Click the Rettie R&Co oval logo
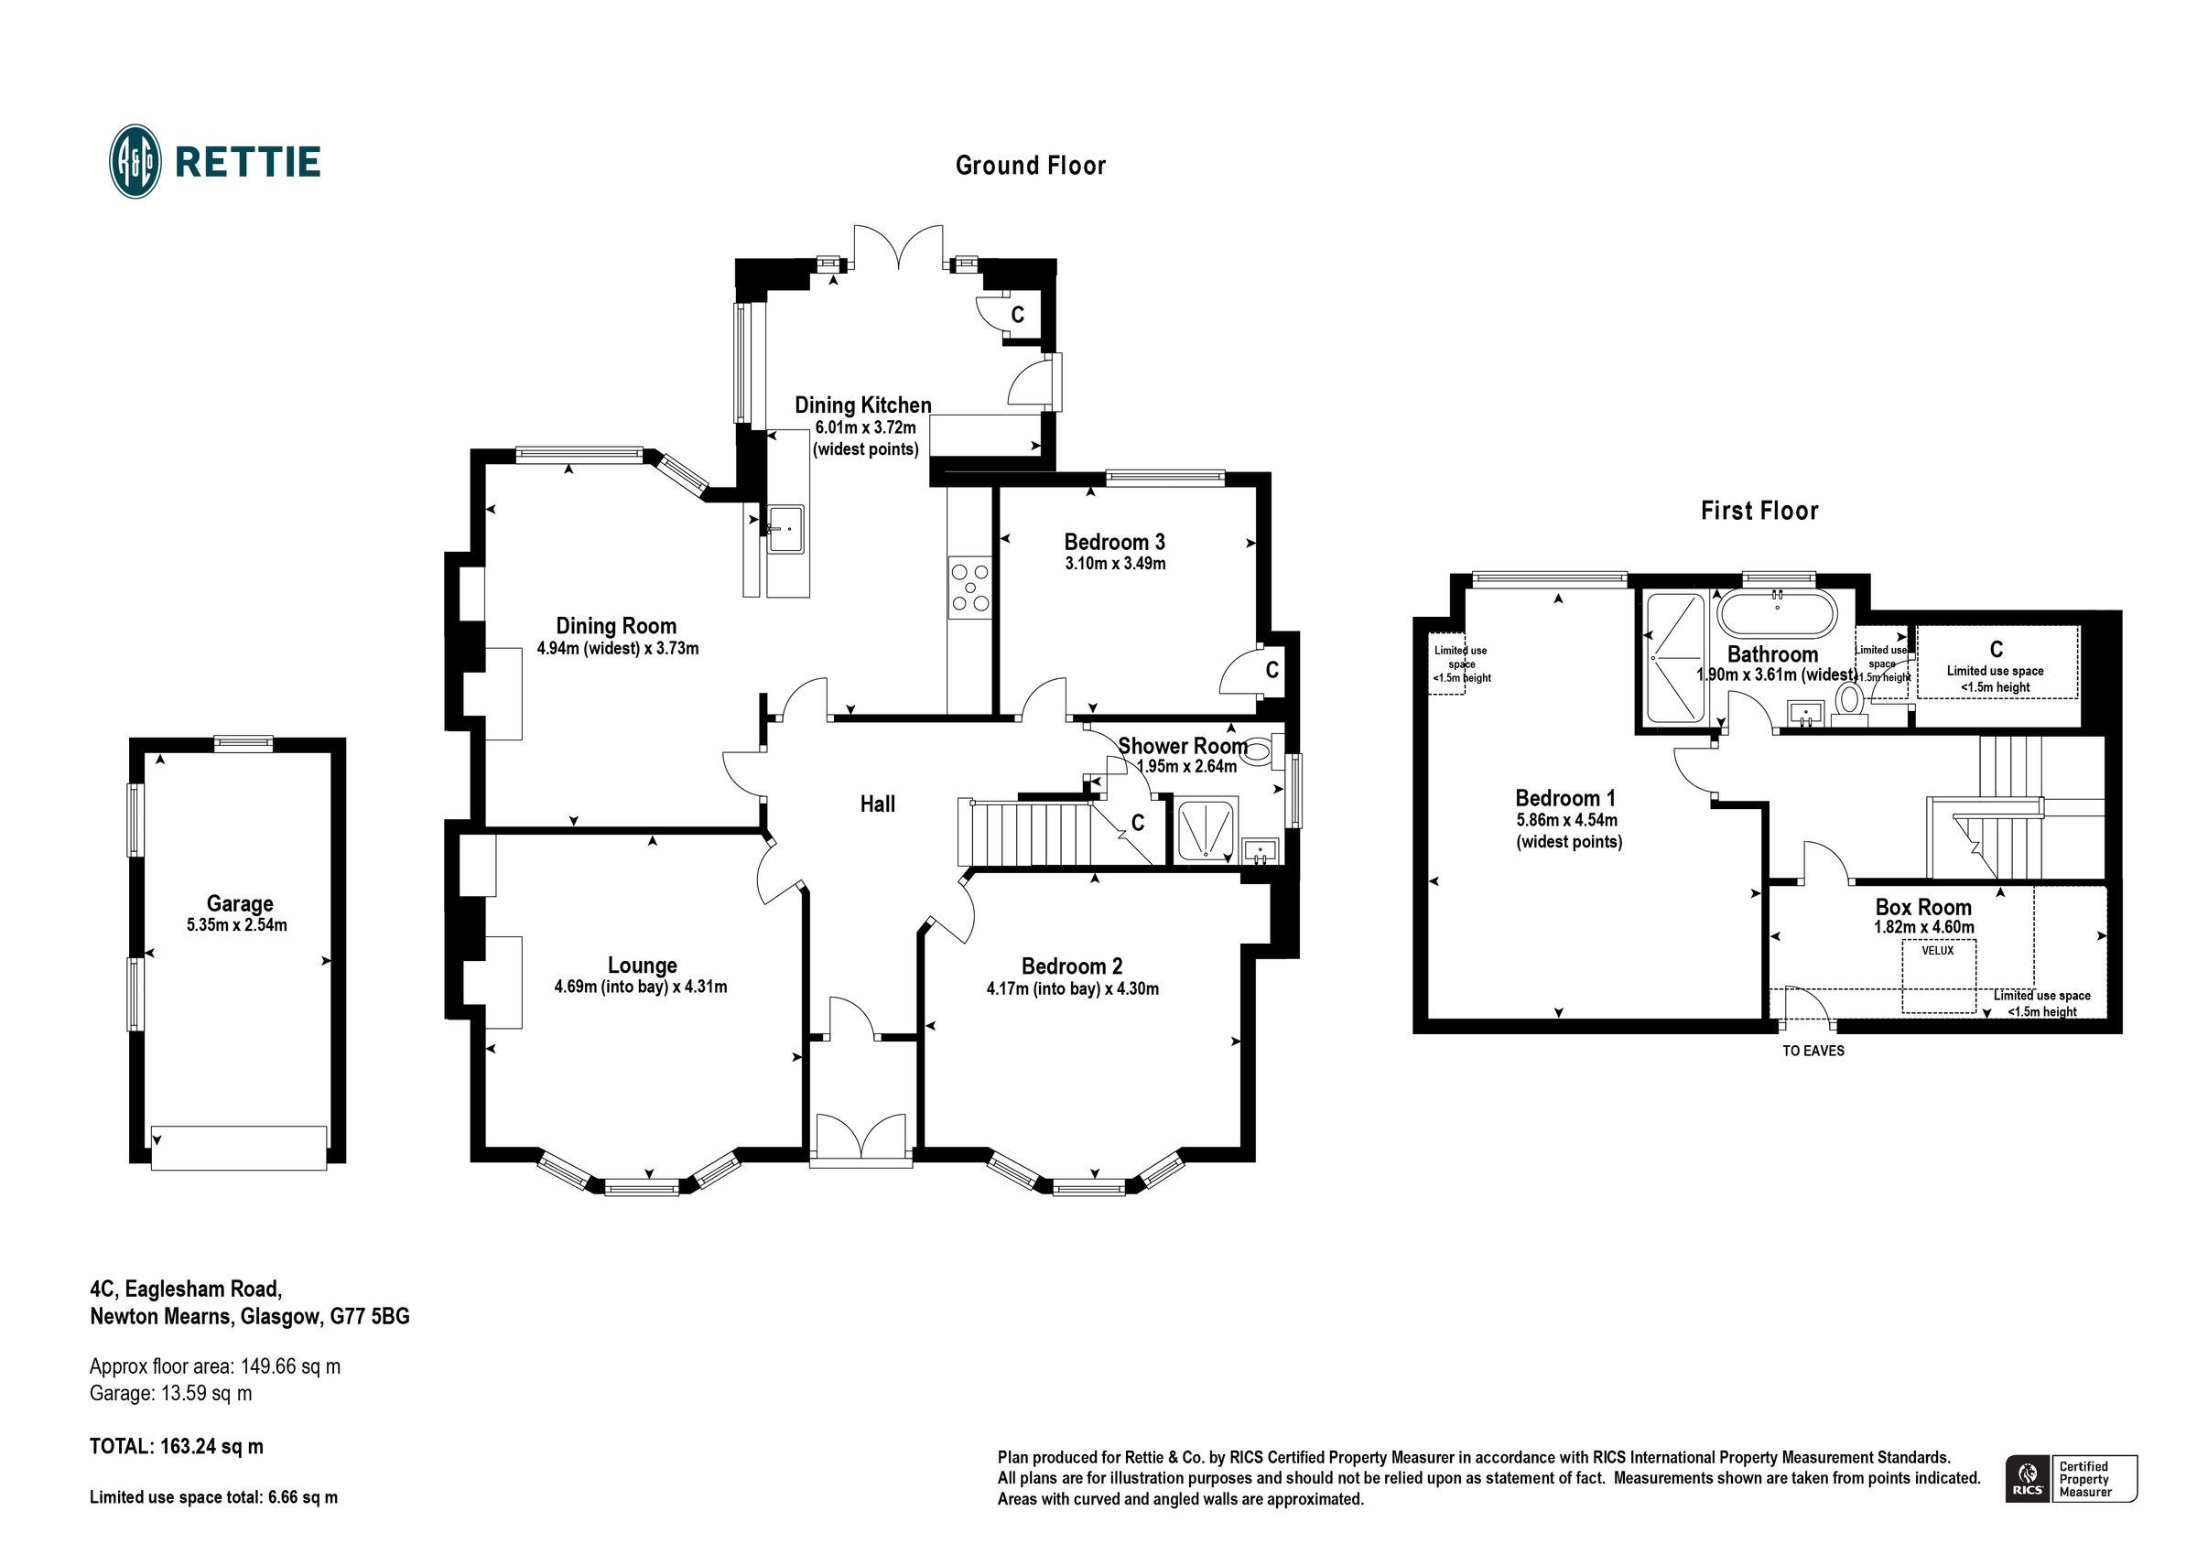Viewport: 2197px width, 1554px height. coord(135,161)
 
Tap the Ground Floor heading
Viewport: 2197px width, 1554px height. coord(1030,166)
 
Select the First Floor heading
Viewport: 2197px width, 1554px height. coord(1759,511)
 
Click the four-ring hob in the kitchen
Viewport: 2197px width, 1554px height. coord(969,588)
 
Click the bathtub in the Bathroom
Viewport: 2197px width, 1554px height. coord(1777,613)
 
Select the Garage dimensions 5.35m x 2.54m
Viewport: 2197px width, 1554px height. coord(236,925)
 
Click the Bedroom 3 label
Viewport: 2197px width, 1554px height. coord(1114,542)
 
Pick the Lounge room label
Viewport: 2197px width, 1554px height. coord(641,965)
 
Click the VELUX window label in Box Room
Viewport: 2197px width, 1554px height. coord(1937,950)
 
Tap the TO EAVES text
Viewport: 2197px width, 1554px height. coord(1813,1051)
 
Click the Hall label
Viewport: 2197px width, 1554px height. coord(876,804)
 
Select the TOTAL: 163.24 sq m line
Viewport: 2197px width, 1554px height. coord(176,1446)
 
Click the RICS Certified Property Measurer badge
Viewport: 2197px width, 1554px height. coord(2070,1478)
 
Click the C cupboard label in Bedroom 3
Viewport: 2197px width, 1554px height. coord(1272,670)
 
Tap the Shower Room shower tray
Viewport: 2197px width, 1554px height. coord(1207,828)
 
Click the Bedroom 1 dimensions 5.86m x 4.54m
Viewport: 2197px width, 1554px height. coord(1566,820)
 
